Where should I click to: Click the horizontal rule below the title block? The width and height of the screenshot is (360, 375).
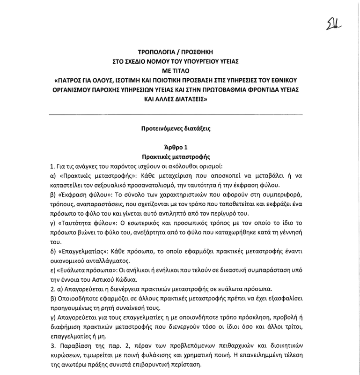coord(179,114)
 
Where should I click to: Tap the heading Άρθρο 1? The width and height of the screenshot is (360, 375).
coord(179,147)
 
